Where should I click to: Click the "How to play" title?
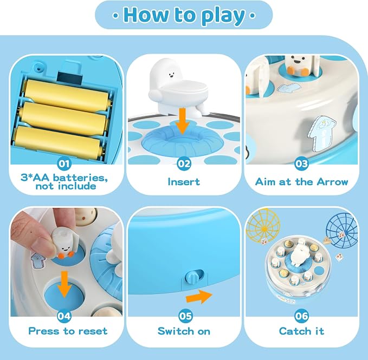[x=184, y=16]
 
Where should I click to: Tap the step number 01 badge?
[x=64, y=163]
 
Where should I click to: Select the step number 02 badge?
[x=184, y=163]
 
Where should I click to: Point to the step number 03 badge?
[x=301, y=163]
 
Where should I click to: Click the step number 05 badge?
[x=185, y=316]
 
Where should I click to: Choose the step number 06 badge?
[x=301, y=316]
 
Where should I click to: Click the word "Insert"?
[x=184, y=182]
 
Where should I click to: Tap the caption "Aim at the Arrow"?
[x=301, y=182]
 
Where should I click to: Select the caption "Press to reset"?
[x=68, y=331]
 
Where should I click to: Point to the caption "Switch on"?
[x=184, y=331]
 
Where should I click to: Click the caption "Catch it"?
[x=301, y=331]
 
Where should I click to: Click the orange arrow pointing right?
[x=199, y=297]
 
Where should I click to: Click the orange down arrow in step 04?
[x=64, y=285]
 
